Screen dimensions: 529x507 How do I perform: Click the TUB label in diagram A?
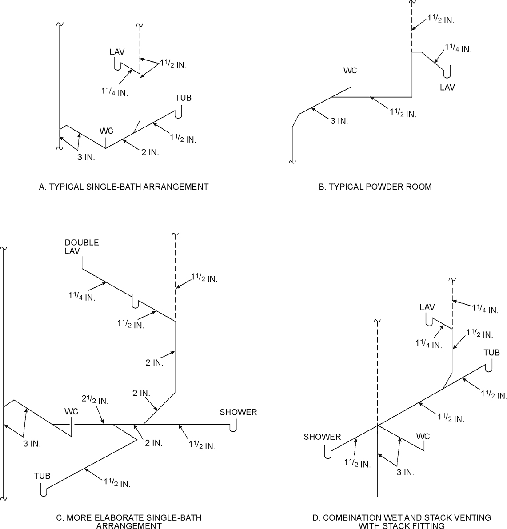click(183, 98)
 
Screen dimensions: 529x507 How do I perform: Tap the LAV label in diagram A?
click(117, 52)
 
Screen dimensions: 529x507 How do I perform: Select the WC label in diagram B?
click(350, 71)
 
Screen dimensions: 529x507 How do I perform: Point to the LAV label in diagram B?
click(447, 87)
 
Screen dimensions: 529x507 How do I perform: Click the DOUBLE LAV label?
click(82, 247)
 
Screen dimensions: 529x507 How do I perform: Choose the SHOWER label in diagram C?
click(238, 412)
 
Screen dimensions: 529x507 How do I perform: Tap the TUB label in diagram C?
click(42, 476)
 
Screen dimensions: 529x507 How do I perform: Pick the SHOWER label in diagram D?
click(322, 437)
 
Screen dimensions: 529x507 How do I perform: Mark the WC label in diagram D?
click(423, 436)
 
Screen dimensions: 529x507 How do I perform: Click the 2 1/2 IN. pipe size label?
click(95, 400)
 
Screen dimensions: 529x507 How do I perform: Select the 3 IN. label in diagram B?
click(339, 120)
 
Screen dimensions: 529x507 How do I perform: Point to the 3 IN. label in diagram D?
click(405, 473)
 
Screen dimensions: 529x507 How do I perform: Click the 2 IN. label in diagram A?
click(150, 152)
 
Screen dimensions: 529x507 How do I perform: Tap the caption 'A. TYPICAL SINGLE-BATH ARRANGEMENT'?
click(124, 187)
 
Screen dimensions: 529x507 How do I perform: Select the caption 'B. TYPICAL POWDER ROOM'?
click(375, 187)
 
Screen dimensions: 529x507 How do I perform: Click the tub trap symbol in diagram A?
click(179, 113)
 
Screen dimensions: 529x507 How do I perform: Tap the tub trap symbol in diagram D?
click(489, 366)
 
